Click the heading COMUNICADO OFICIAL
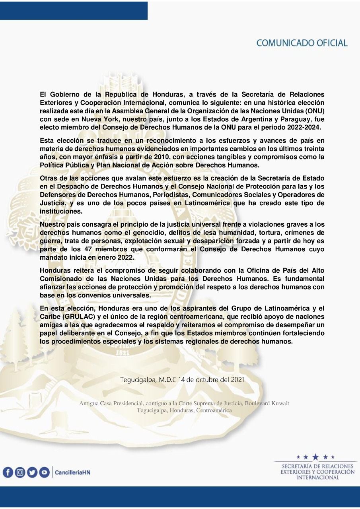[302, 43]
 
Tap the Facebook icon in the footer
[8, 472]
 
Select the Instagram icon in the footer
[20, 472]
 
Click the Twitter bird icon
[32, 472]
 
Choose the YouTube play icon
[44, 472]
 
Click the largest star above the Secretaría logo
[315, 457]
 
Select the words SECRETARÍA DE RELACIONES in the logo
[317, 466]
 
